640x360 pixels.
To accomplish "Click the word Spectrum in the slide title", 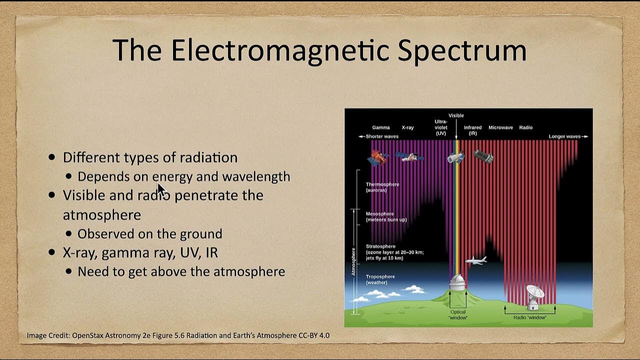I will coord(461,50).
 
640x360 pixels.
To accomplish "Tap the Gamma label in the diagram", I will coord(380,127).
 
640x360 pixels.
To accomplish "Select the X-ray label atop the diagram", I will coord(407,127).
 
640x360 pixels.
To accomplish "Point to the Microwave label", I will coord(500,127).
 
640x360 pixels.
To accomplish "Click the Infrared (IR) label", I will coord(472,130).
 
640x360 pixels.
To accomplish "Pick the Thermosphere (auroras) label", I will coord(382,187).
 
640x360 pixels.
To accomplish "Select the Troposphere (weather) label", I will coord(380,279).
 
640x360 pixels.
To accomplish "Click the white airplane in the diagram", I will coord(475,260).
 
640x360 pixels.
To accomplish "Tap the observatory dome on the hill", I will coord(456,282).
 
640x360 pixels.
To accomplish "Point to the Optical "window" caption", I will coord(457,314).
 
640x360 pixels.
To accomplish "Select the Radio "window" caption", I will coord(529,317).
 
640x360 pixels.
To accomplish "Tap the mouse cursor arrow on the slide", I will coord(161,190).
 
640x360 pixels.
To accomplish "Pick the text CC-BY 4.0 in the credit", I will coord(313,335).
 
